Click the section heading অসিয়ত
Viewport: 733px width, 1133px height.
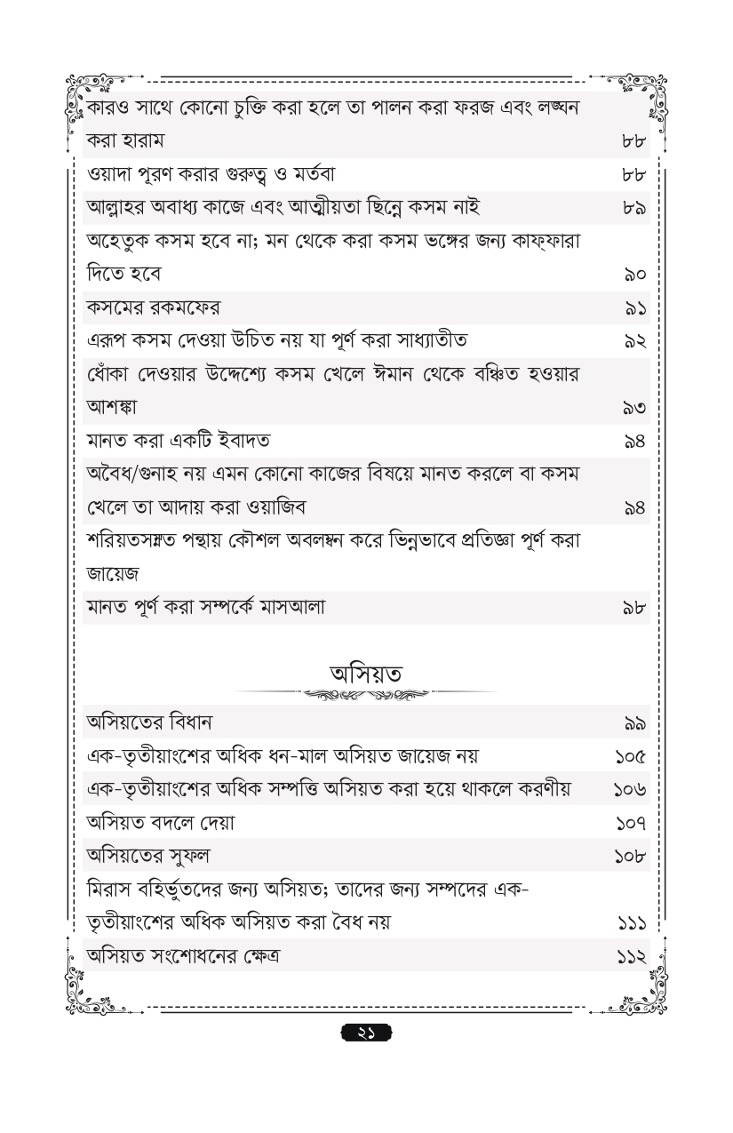pos(366,673)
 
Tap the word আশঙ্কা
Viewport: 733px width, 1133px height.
pos(112,408)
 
